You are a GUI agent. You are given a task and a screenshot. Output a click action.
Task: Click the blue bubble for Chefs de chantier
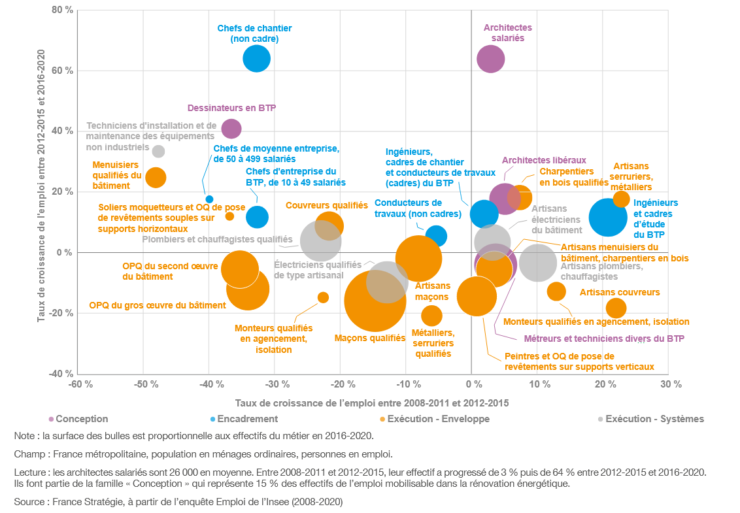tap(256, 59)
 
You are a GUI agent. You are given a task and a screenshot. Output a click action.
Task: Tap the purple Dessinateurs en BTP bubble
tap(231, 129)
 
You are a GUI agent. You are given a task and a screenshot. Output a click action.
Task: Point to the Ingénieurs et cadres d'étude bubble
tap(608, 218)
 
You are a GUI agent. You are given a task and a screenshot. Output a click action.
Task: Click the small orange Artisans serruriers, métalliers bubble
tap(621, 199)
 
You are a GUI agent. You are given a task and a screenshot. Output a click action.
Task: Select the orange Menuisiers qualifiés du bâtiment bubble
tap(156, 176)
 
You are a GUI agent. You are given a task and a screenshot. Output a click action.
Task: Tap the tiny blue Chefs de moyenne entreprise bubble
tap(209, 199)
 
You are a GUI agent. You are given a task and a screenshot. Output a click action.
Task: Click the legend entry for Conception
tap(82, 419)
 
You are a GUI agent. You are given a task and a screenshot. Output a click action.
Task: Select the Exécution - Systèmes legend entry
tap(654, 419)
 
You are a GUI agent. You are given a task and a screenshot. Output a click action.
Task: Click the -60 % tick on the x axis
tap(78, 384)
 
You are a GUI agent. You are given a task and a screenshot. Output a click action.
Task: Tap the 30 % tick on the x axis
tap(668, 384)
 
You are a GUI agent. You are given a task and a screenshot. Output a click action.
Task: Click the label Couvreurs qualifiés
tap(327, 205)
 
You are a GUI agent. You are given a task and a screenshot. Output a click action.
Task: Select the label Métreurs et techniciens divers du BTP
tap(604, 339)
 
